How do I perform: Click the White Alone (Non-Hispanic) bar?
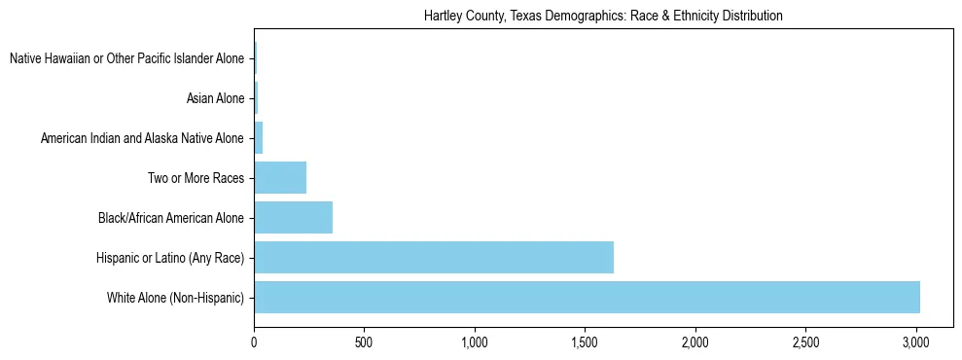pos(587,297)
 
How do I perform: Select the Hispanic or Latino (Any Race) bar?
pos(434,257)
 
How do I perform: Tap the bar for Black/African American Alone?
pos(293,218)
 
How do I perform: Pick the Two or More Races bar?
pos(280,178)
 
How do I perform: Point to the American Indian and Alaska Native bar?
pos(259,138)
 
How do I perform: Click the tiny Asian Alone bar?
pos(256,98)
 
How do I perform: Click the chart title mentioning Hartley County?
pos(603,17)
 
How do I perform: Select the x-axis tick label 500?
pos(364,343)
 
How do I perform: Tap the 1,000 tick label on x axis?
pos(475,343)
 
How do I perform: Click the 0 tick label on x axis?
pos(254,343)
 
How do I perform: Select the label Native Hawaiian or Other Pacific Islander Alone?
pos(126,59)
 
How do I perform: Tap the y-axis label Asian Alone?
pos(215,98)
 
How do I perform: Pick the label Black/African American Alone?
pos(171,218)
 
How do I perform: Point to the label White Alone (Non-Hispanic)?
pos(175,297)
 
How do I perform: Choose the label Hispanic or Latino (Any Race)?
pos(170,257)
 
